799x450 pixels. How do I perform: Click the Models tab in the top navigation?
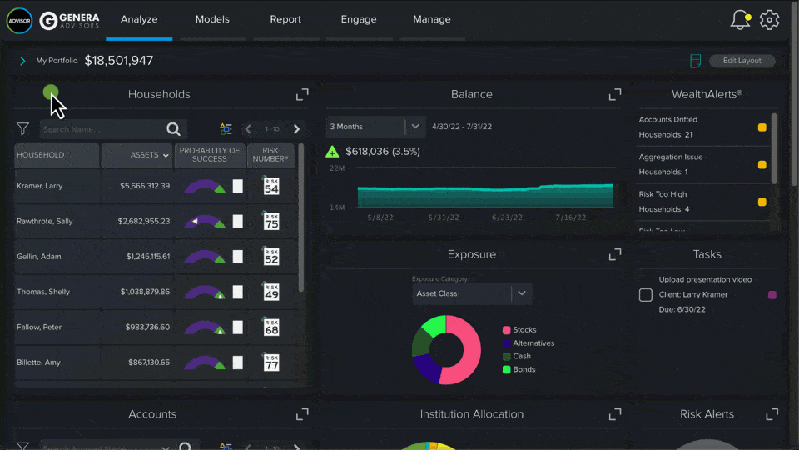(x=213, y=19)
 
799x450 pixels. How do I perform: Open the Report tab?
(x=285, y=19)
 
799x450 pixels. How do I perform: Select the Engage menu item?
(x=359, y=19)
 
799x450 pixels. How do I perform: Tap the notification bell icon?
(x=739, y=20)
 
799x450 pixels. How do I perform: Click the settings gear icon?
(x=770, y=20)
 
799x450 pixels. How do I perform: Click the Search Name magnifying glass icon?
(x=173, y=129)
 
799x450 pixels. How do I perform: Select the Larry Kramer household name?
(x=40, y=186)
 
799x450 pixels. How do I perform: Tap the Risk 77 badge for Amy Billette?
(x=270, y=362)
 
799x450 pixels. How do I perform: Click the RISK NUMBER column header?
(x=270, y=155)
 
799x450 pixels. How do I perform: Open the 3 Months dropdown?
(x=375, y=127)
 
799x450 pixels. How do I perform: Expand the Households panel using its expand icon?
(x=302, y=95)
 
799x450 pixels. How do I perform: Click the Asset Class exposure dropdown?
(x=472, y=293)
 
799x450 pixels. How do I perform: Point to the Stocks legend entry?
(x=524, y=330)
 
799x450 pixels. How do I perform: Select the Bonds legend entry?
(x=524, y=369)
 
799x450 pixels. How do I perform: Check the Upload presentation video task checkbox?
(x=646, y=295)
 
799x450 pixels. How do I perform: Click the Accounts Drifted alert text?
(x=668, y=120)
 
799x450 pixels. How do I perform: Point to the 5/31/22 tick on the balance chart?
(x=444, y=217)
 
